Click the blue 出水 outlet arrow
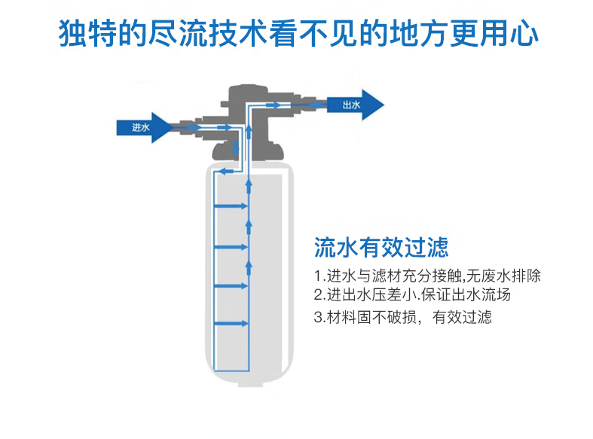[x=355, y=105]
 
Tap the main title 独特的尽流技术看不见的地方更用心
[x=298, y=33]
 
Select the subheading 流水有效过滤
[x=381, y=248]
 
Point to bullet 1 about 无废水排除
[x=427, y=276]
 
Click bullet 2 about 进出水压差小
[x=412, y=294]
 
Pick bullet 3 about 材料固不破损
[x=403, y=316]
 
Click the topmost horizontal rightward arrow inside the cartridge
[x=231, y=206]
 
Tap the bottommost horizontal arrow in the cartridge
[x=231, y=323]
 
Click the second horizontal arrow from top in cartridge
[x=231, y=247]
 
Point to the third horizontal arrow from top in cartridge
[x=231, y=286]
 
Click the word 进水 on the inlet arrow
[x=141, y=128]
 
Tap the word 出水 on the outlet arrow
[x=351, y=105]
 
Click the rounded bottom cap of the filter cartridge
[x=249, y=378]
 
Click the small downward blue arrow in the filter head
[x=236, y=148]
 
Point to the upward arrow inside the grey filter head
[x=249, y=133]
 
